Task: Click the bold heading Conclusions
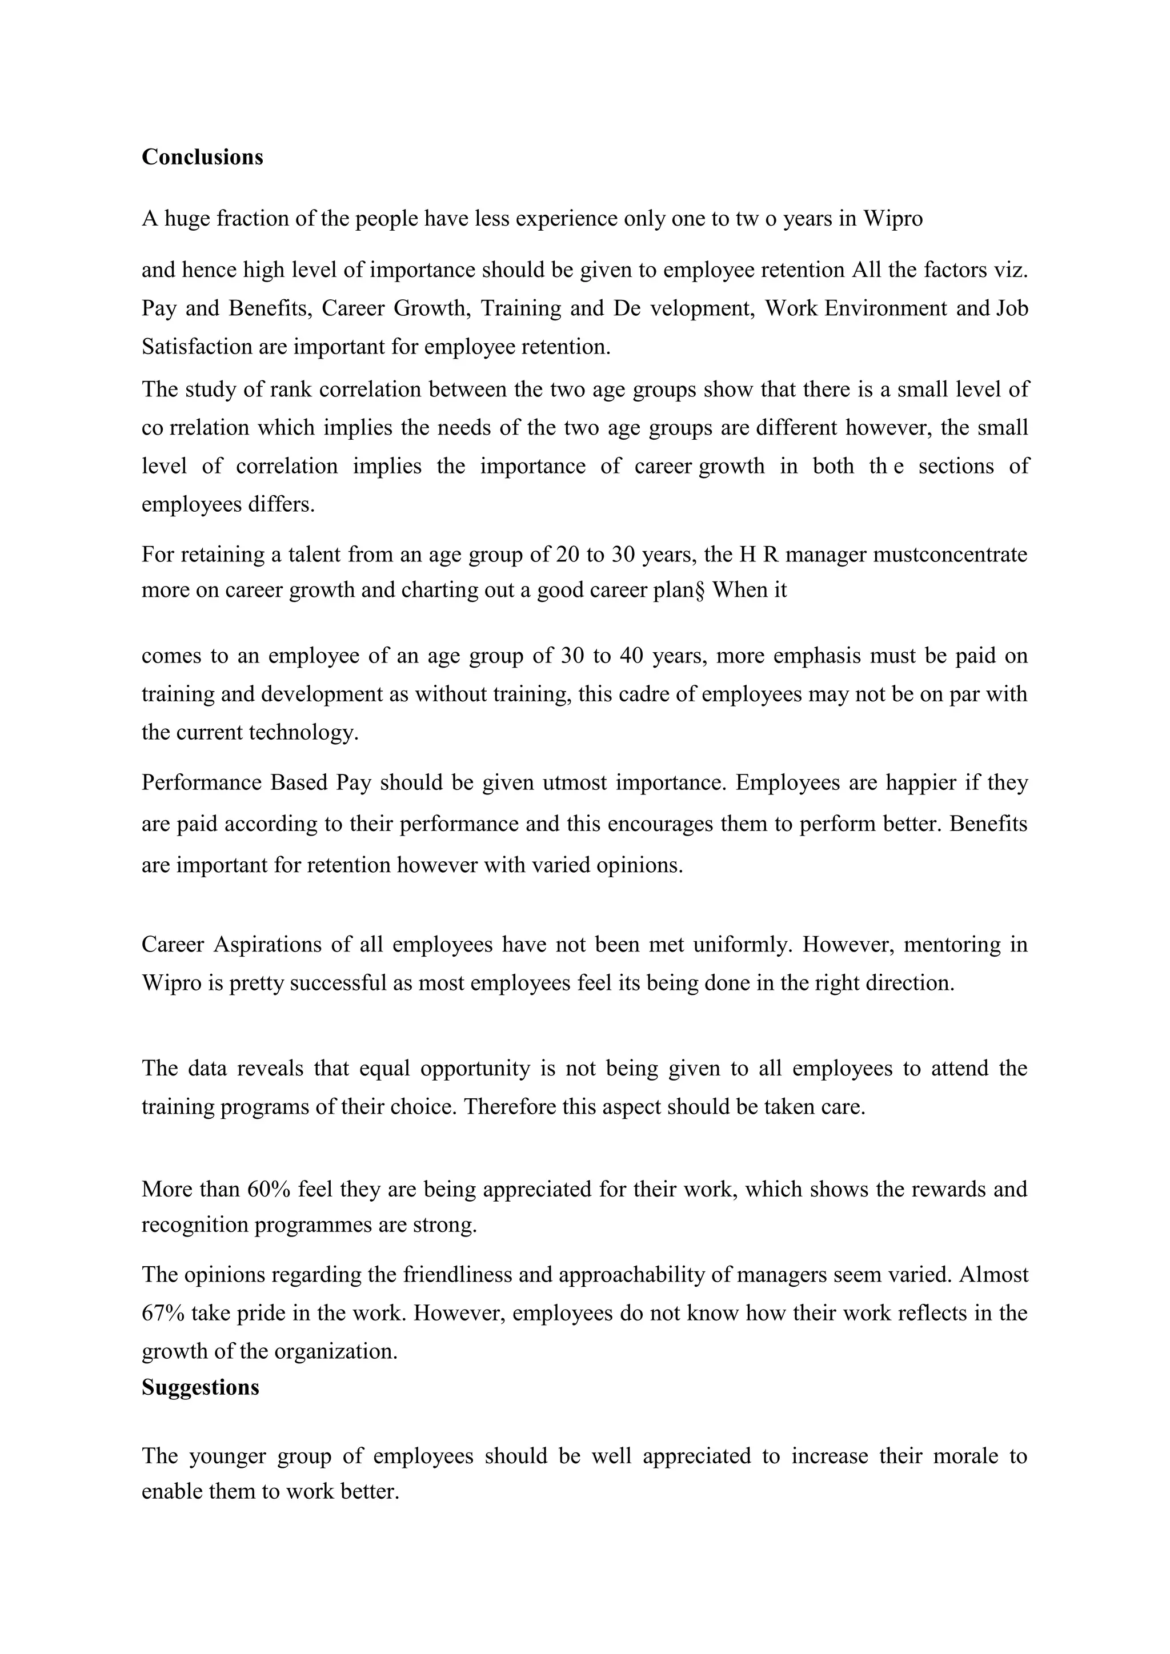202,157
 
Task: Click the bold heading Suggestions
201,1387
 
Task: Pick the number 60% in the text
268,1189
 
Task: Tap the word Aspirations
267,945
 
